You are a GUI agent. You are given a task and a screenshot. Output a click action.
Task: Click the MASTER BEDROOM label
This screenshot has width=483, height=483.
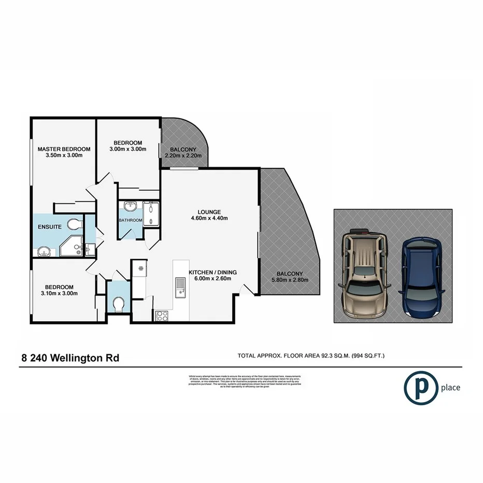(x=64, y=149)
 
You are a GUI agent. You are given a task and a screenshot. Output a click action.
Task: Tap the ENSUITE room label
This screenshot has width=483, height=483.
(x=50, y=227)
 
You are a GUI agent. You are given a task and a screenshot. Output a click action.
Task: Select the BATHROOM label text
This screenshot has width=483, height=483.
(x=130, y=220)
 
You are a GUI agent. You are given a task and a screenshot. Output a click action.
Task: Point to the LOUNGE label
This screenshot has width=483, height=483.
(x=209, y=211)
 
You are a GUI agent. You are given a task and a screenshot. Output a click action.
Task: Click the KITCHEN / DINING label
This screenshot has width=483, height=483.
(x=212, y=272)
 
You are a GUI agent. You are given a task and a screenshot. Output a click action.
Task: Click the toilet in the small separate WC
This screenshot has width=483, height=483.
(x=118, y=304)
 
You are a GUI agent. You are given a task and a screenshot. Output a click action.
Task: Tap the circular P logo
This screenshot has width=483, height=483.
(x=419, y=387)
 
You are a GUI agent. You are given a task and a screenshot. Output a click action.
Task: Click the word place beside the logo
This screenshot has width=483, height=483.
(x=450, y=387)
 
